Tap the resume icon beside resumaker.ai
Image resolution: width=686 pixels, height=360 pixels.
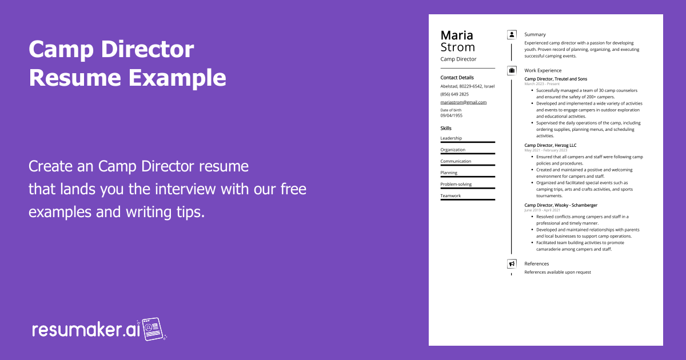(154, 329)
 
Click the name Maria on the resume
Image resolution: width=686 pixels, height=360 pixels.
(457, 35)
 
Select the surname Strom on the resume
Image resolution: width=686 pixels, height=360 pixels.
(457, 47)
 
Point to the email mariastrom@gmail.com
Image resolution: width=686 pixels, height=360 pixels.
(463, 102)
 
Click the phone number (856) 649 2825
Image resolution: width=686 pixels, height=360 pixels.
(454, 94)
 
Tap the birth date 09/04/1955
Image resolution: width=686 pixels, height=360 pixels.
(451, 115)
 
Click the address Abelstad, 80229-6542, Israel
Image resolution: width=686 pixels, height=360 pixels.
(468, 86)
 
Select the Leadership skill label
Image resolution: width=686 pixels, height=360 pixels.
(451, 138)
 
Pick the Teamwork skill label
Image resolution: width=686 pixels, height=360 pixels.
(450, 196)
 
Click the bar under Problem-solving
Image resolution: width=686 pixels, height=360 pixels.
(468, 188)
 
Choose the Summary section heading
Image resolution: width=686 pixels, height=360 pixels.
(535, 35)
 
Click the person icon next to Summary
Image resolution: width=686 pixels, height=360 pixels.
(512, 35)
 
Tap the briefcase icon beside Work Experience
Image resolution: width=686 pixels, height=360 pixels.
(512, 71)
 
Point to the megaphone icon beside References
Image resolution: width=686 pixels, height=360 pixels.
(512, 264)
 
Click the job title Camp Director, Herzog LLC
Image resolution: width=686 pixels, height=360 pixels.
(550, 146)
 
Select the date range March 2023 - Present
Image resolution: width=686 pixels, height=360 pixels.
(542, 84)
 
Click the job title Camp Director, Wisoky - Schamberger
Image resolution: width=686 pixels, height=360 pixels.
(560, 205)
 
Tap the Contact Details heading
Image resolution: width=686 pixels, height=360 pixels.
(457, 78)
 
